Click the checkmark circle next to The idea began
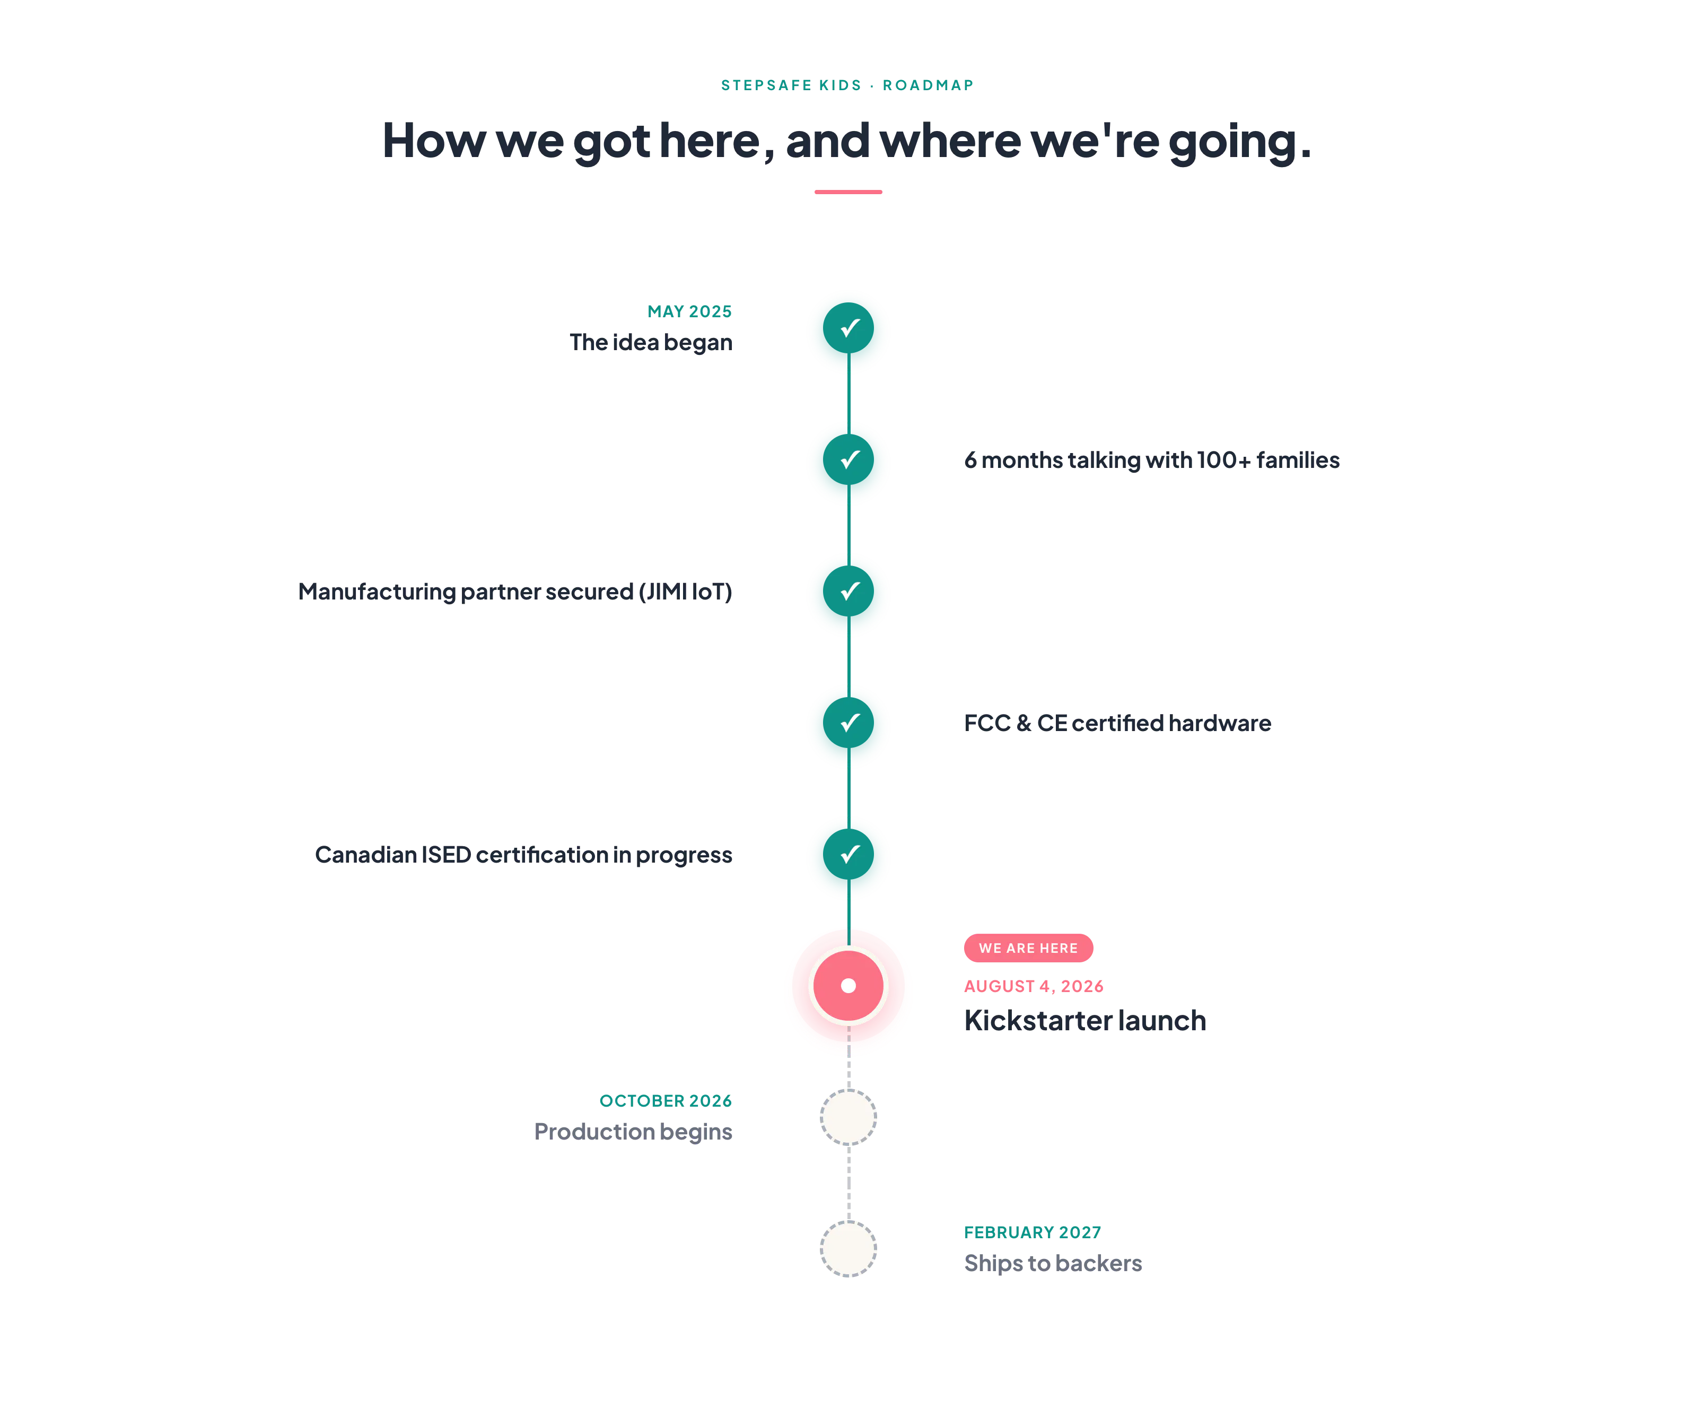tap(848, 328)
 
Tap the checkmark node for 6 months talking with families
tap(848, 460)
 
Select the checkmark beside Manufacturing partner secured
tap(848, 591)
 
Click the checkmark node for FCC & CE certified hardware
tap(848, 723)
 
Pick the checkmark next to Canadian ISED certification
tap(848, 854)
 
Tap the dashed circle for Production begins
tap(848, 1117)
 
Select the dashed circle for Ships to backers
tap(848, 1249)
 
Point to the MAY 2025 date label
tap(689, 312)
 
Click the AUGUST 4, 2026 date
tap(1034, 986)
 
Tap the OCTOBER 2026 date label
tap(666, 1101)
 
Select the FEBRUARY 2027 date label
tap(1033, 1232)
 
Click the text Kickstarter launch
tap(1084, 1021)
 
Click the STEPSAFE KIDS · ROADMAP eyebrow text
tap(847, 85)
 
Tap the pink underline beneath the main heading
tap(848, 192)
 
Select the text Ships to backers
tap(1053, 1263)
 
